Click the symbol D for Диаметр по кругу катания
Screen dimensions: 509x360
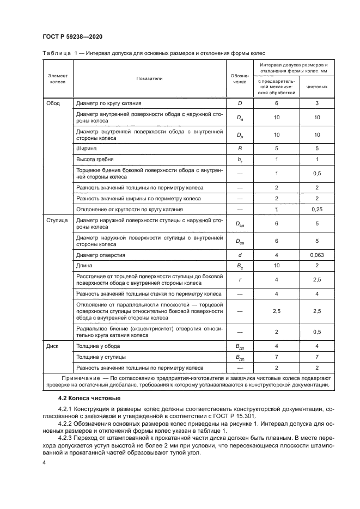coord(239,102)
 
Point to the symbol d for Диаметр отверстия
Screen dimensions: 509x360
coord(239,255)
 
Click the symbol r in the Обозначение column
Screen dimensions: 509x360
coord(239,279)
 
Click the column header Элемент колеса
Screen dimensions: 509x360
coord(58,78)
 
